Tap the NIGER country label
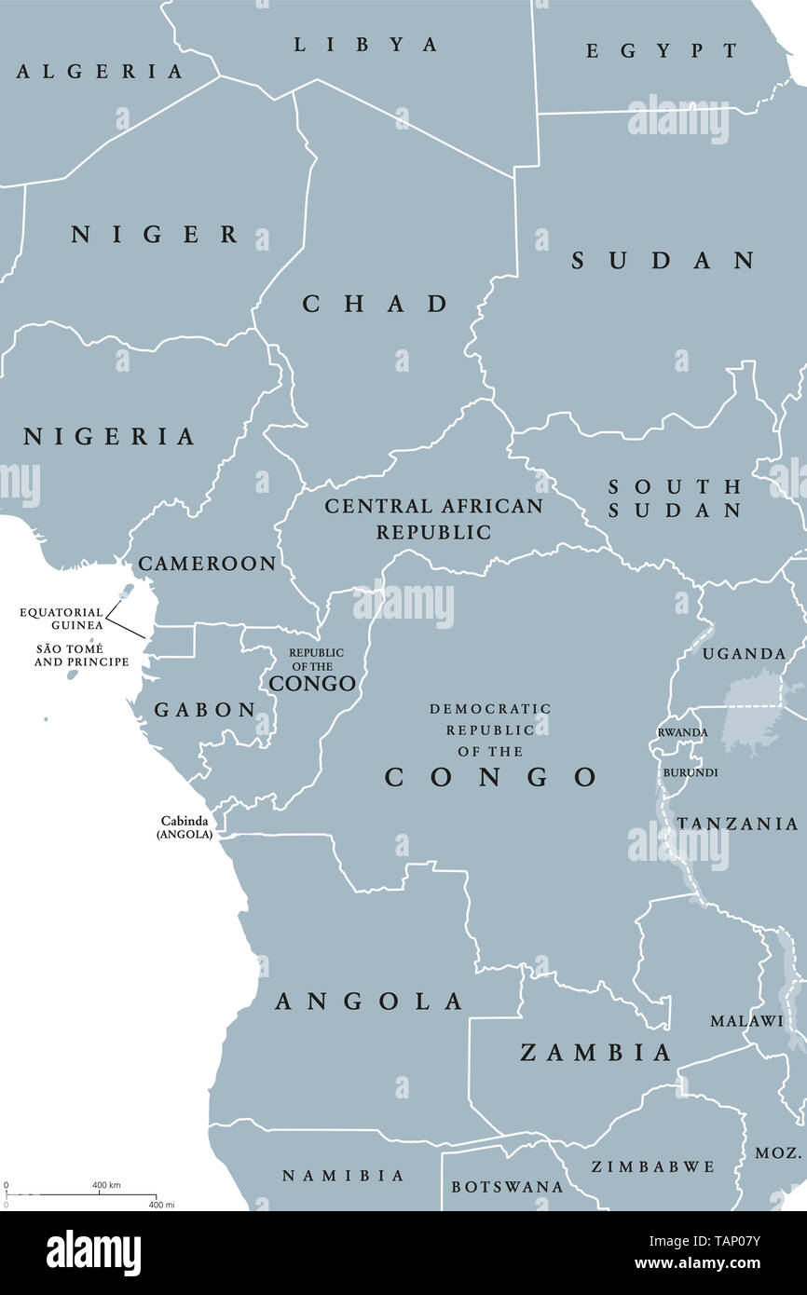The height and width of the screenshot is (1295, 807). pyautogui.click(x=155, y=235)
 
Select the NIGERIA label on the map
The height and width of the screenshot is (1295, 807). pyautogui.click(x=109, y=436)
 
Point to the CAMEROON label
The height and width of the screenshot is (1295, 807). pyautogui.click(x=206, y=564)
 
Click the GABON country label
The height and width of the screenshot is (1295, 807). pyautogui.click(x=205, y=710)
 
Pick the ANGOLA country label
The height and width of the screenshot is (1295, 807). pyautogui.click(x=369, y=1002)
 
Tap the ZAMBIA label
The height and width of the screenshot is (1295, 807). pyautogui.click(x=595, y=1053)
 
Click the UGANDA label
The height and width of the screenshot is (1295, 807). pyautogui.click(x=744, y=654)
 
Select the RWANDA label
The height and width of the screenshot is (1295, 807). pyautogui.click(x=682, y=732)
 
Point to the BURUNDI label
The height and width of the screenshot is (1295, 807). pyautogui.click(x=690, y=772)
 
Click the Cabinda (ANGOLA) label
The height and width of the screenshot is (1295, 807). pyautogui.click(x=185, y=827)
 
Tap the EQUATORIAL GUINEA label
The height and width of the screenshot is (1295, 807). pyautogui.click(x=62, y=619)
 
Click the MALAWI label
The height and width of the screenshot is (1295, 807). pyautogui.click(x=746, y=1021)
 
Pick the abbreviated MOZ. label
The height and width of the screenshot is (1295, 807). pyautogui.click(x=778, y=1152)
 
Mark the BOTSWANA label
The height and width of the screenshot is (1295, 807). pyautogui.click(x=507, y=1187)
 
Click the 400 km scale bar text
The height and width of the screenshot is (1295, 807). pyautogui.click(x=106, y=1185)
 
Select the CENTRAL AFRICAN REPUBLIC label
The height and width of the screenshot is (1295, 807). pyautogui.click(x=433, y=519)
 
